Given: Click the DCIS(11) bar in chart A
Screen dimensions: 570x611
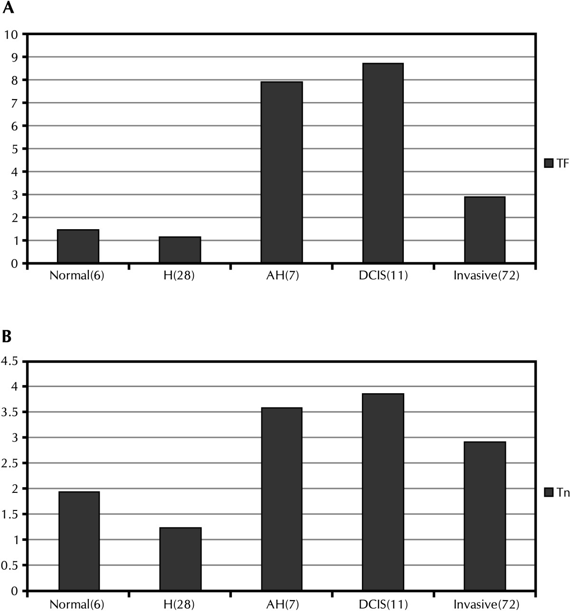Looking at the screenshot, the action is pyautogui.click(x=383, y=163).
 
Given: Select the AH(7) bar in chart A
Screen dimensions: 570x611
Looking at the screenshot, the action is pyautogui.click(x=282, y=172).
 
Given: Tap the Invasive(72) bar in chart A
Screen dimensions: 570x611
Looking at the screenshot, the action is pyautogui.click(x=485, y=230).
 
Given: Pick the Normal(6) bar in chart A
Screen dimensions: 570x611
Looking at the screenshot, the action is pyautogui.click(x=78, y=246).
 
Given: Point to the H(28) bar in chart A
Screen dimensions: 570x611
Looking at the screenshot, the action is pyautogui.click(x=180, y=250).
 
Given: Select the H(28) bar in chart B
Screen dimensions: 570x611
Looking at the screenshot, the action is pyautogui.click(x=180, y=559).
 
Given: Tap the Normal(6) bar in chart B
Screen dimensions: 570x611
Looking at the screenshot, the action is pyautogui.click(x=79, y=541).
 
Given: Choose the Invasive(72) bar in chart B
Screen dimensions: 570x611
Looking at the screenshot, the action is pyautogui.click(x=485, y=516).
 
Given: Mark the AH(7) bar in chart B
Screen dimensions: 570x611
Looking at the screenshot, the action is pyautogui.click(x=282, y=499).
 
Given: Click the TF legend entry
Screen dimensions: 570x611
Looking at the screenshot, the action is pyautogui.click(x=556, y=163).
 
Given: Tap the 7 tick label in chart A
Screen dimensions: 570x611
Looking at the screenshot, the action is pyautogui.click(x=14, y=103).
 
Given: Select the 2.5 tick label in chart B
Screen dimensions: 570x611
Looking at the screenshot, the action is pyautogui.click(x=10, y=463).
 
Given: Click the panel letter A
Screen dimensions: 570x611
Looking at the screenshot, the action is pyautogui.click(x=8, y=8).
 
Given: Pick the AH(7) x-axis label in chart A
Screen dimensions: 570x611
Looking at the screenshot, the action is pyautogui.click(x=283, y=276).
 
